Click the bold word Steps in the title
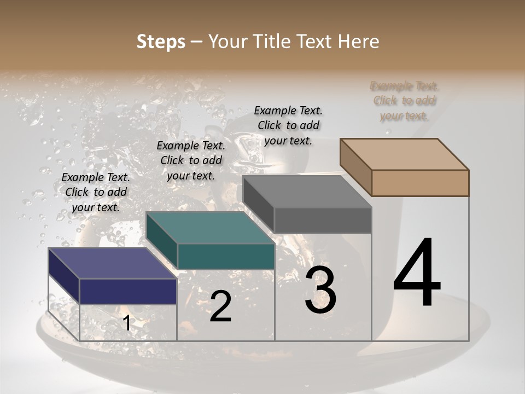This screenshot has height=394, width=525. (161, 42)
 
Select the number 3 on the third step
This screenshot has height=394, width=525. (320, 290)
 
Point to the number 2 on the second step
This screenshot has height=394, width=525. (220, 306)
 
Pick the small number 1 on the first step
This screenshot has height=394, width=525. (126, 323)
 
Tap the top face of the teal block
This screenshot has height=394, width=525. (210, 228)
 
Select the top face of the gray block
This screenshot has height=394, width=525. (307, 192)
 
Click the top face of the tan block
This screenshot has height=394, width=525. (404, 154)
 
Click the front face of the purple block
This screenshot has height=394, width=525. (128, 291)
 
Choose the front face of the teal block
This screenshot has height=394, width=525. (226, 256)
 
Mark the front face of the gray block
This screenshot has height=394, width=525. (323, 220)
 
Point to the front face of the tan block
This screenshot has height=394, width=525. (420, 183)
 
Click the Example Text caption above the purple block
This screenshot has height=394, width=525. (96, 192)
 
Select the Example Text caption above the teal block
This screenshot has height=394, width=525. (191, 160)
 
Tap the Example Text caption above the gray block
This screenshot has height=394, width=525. (288, 125)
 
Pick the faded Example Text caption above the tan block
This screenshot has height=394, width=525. (405, 101)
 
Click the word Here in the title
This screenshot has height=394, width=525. (359, 42)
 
